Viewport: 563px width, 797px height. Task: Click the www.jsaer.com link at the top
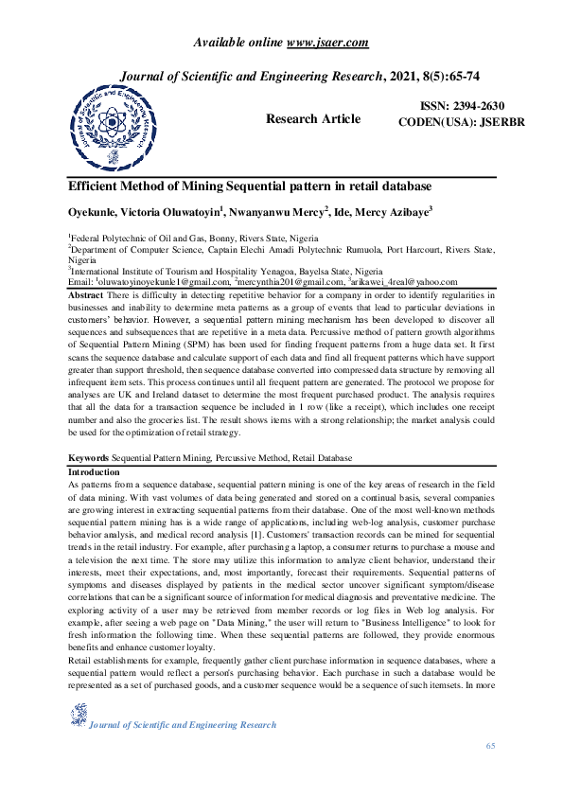click(x=327, y=43)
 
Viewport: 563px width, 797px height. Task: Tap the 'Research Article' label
click(x=313, y=119)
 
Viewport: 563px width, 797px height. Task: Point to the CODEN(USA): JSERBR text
click(x=456, y=122)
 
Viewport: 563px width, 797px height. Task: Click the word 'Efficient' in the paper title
click(x=99, y=186)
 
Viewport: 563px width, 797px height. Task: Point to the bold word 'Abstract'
click(x=87, y=296)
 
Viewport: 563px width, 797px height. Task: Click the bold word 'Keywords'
click(x=89, y=456)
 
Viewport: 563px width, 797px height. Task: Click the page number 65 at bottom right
click(x=490, y=748)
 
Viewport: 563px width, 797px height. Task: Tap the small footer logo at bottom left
click(x=78, y=716)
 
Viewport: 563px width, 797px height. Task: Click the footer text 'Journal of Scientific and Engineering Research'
click(x=182, y=725)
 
